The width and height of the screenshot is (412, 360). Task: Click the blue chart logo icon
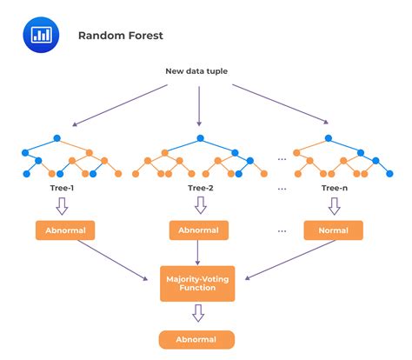click(x=39, y=35)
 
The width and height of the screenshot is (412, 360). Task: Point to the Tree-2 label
click(x=200, y=188)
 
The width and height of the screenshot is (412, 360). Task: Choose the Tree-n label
click(x=335, y=188)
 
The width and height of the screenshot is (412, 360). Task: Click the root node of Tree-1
click(x=56, y=137)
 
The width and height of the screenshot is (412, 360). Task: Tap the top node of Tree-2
click(x=200, y=137)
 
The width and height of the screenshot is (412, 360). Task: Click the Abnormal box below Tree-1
click(x=65, y=231)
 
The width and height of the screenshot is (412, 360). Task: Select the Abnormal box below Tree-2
click(x=200, y=231)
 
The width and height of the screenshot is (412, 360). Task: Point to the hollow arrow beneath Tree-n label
click(x=335, y=207)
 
